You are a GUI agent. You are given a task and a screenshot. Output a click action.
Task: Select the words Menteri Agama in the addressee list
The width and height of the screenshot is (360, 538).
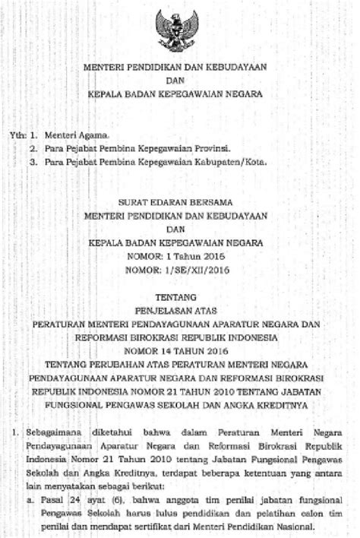click(69, 134)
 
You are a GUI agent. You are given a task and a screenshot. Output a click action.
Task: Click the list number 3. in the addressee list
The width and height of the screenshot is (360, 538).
click(33, 162)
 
